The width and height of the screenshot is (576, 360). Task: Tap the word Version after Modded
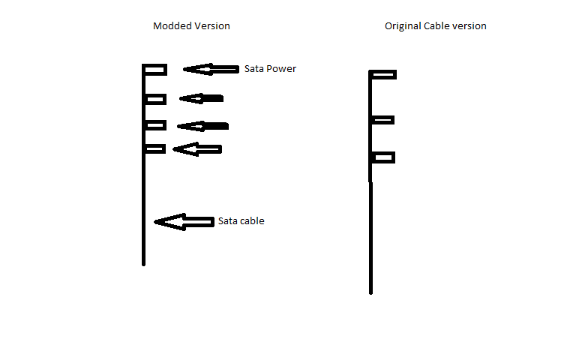click(x=212, y=25)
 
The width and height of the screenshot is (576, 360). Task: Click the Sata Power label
click(x=270, y=69)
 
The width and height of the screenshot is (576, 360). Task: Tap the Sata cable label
click(x=241, y=220)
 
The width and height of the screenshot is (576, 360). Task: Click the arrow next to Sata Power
click(x=211, y=69)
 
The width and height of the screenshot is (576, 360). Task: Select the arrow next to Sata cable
click(x=184, y=222)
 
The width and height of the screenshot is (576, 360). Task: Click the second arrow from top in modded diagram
click(x=201, y=98)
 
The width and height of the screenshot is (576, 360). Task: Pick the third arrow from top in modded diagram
click(x=202, y=126)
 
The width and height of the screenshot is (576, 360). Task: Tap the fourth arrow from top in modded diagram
click(x=197, y=149)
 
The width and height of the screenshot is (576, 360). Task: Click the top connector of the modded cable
click(x=155, y=70)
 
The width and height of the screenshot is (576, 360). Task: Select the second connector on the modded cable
click(x=155, y=99)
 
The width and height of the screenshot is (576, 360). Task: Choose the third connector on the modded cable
click(x=155, y=125)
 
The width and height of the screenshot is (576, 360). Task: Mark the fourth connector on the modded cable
click(x=155, y=148)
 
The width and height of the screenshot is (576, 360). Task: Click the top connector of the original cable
click(x=383, y=74)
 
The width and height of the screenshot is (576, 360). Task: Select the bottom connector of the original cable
click(x=383, y=157)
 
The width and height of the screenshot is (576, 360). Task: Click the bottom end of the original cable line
click(x=370, y=293)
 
